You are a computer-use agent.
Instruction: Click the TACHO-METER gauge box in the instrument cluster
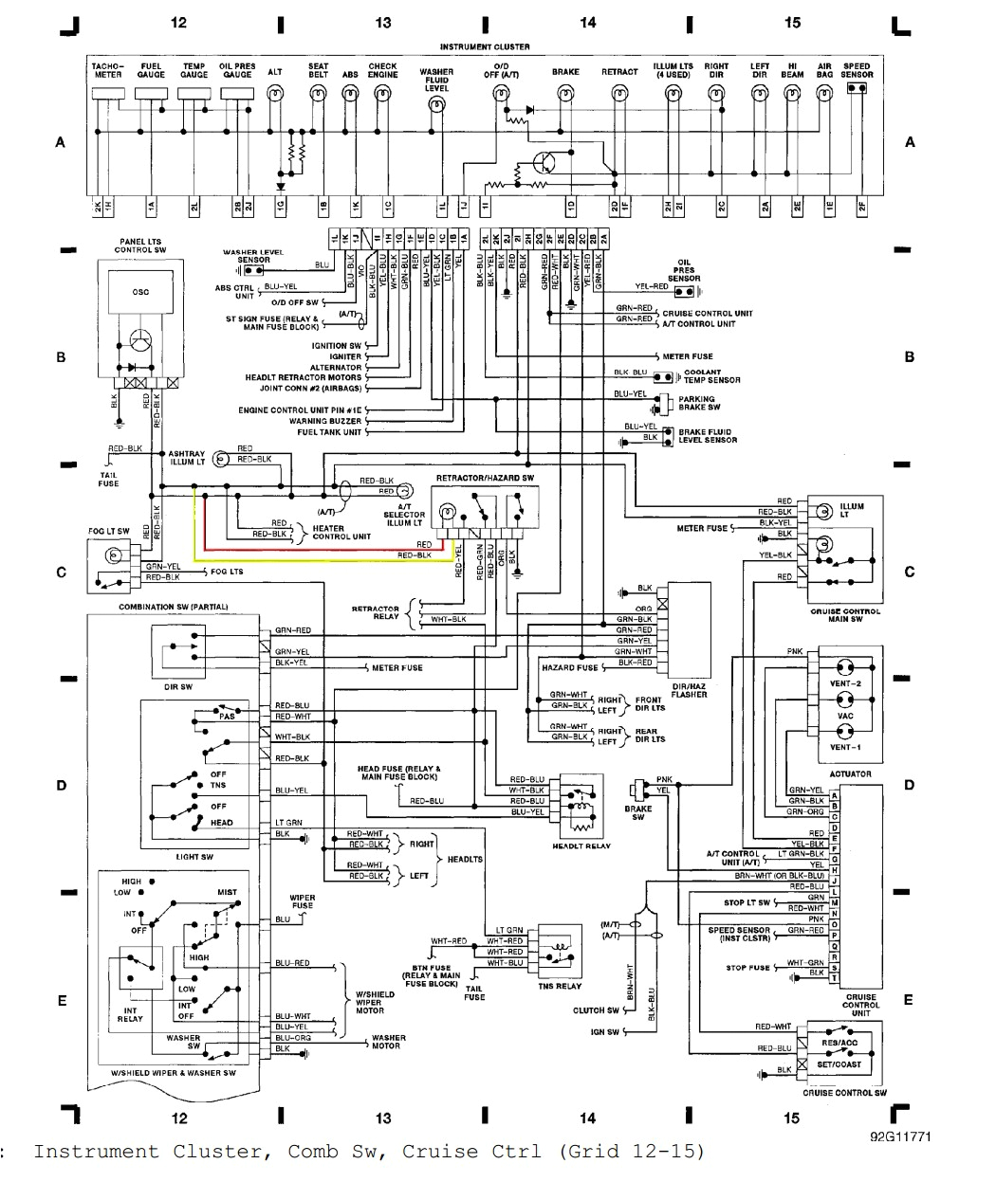tap(107, 94)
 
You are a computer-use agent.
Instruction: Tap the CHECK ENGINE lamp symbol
tap(382, 93)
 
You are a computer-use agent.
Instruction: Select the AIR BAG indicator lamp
tap(824, 93)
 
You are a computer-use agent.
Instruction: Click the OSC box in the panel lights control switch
tap(139, 293)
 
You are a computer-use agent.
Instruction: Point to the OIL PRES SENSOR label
tap(684, 270)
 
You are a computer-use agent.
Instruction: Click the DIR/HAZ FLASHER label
tap(689, 690)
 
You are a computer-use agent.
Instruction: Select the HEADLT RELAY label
tap(581, 845)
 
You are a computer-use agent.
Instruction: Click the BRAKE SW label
tap(637, 812)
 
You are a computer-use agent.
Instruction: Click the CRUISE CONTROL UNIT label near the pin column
tap(861, 1005)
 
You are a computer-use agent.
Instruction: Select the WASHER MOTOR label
tap(388, 1042)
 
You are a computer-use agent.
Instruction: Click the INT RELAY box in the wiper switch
tap(130, 1014)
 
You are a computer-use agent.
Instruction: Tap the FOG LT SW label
tap(109, 532)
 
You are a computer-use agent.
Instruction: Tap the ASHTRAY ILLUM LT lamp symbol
tap(219, 459)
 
